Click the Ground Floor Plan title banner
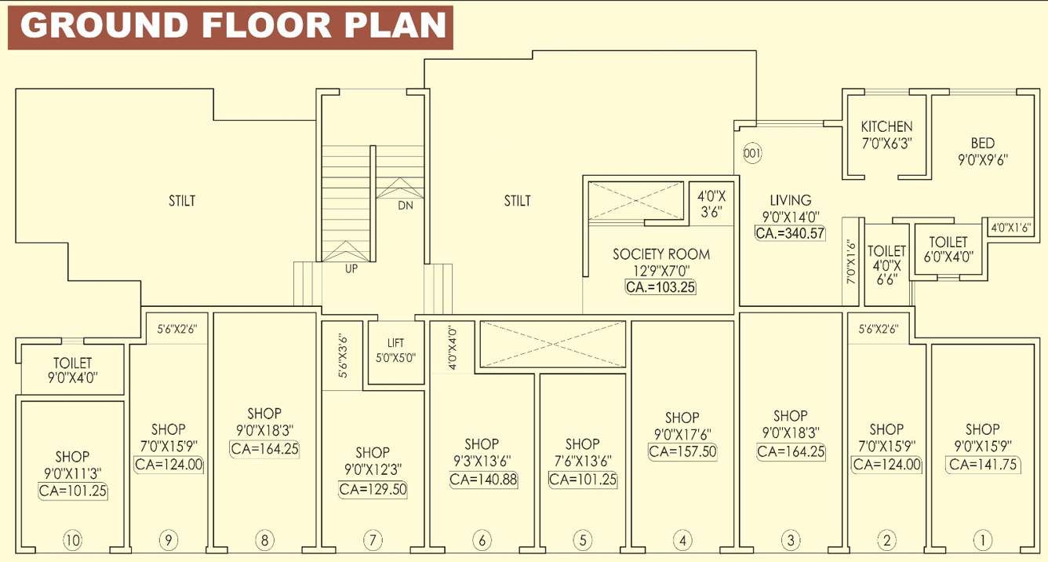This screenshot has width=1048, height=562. (x=231, y=27)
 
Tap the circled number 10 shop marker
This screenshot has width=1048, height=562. (x=72, y=540)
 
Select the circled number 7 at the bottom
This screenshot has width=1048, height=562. (x=372, y=540)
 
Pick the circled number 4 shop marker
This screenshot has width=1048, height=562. (x=682, y=540)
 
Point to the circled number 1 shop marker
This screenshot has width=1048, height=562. (x=981, y=540)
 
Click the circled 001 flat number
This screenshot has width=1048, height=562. (x=751, y=154)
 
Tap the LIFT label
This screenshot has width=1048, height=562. (x=396, y=343)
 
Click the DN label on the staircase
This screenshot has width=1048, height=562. (x=405, y=206)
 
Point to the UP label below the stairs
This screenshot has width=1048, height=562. (x=351, y=268)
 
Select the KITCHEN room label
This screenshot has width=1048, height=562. (x=886, y=126)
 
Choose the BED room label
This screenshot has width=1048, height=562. (x=982, y=143)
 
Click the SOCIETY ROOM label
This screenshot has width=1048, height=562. (x=660, y=254)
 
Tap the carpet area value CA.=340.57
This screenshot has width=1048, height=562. (x=790, y=232)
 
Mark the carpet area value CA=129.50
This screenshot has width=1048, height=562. (x=373, y=489)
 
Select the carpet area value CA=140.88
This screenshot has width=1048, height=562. (x=483, y=480)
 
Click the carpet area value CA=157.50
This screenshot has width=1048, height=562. (x=682, y=451)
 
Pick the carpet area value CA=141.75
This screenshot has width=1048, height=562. (x=981, y=464)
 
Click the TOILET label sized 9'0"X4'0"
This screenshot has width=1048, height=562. (x=72, y=363)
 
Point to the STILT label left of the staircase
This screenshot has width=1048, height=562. (x=181, y=201)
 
